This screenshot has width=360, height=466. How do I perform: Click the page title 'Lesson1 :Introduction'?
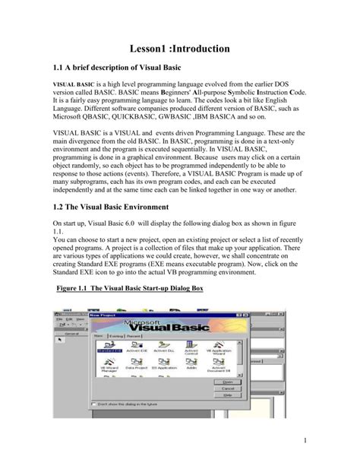[x=179, y=49]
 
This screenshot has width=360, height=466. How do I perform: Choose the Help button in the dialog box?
[x=226, y=395]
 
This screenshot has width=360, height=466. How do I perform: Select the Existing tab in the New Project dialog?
[x=118, y=334]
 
